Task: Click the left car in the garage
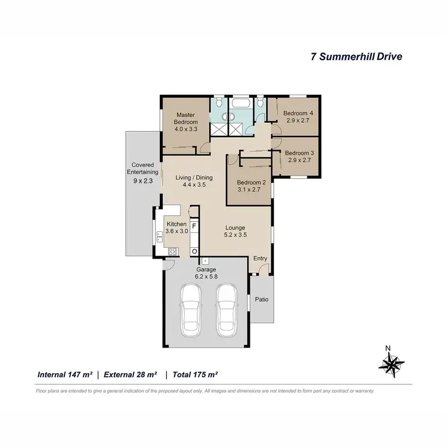[192, 309]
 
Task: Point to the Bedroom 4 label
[297, 113]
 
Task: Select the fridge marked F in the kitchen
[194, 227]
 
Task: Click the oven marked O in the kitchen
[194, 251]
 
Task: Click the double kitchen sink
[159, 237]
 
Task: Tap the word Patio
[261, 300]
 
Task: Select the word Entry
[260, 258]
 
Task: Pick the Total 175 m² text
[195, 375]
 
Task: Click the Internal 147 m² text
[64, 375]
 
